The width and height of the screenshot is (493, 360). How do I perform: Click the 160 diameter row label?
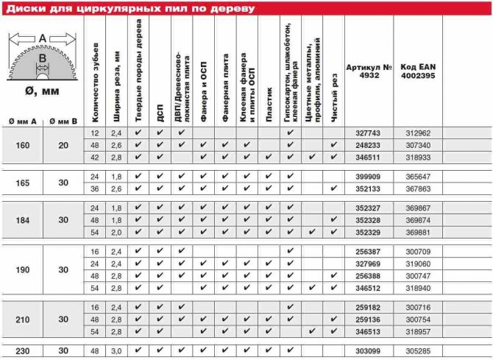[22, 145]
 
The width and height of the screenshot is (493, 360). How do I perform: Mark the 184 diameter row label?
[22, 220]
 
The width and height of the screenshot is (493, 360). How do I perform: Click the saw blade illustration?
[42, 63]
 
